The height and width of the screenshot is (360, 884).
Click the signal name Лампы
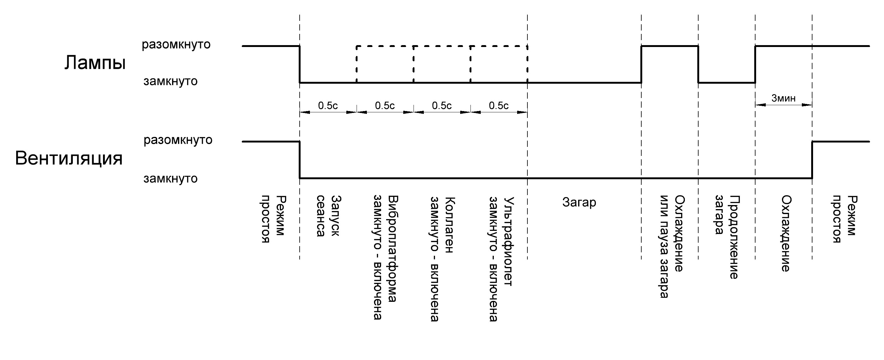pyautogui.click(x=95, y=63)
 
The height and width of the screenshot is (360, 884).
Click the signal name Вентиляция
pyautogui.click(x=69, y=159)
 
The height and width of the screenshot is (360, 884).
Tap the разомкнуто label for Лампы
pyautogui.click(x=176, y=44)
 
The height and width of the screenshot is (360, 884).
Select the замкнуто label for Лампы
pyautogui.click(x=171, y=81)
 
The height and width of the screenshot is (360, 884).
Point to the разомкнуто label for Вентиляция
pyautogui.click(x=178, y=140)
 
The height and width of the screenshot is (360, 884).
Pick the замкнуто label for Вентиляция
pyautogui.click(x=171, y=179)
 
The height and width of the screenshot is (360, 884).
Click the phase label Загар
pyautogui.click(x=579, y=203)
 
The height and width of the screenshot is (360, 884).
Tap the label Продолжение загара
pyautogui.click(x=727, y=237)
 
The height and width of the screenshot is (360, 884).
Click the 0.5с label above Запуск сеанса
pyautogui.click(x=328, y=106)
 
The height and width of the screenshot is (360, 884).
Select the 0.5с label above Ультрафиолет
pyautogui.click(x=498, y=106)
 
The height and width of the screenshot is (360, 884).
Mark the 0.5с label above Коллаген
pyautogui.click(x=442, y=106)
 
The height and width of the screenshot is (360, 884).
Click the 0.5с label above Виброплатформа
pyautogui.click(x=385, y=106)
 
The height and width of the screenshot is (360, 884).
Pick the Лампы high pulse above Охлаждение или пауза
pyautogui.click(x=670, y=46)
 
